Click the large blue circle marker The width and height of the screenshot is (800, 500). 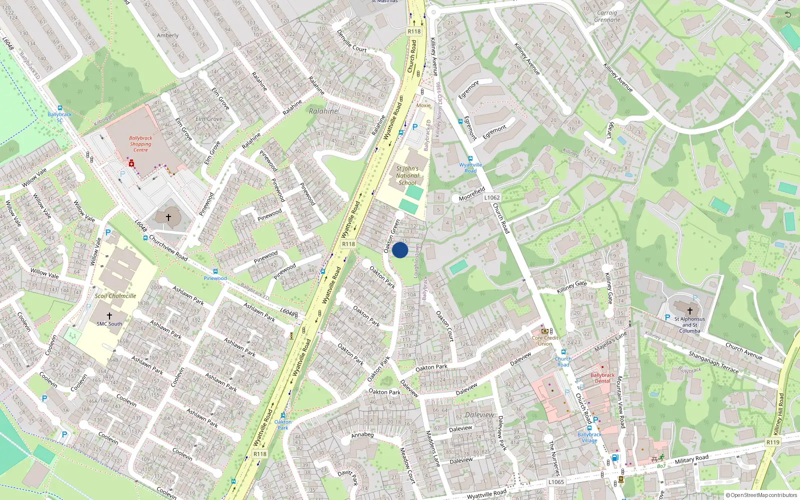click(400, 250)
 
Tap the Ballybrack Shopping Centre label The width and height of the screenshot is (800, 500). click(140, 144)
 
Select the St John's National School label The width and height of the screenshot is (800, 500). click(407, 175)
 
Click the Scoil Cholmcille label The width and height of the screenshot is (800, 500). click(115, 296)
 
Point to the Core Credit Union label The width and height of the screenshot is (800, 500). click(545, 340)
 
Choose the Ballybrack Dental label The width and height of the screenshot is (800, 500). click(602, 378)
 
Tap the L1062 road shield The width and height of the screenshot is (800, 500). click(492, 197)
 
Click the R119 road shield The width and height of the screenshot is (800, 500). click(773, 442)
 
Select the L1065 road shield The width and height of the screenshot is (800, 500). click(556, 482)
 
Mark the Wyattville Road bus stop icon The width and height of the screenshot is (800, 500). click(470, 158)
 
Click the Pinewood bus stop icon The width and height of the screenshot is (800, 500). click(215, 272)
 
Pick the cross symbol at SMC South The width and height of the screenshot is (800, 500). click(109, 316)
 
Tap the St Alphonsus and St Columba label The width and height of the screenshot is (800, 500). click(689, 324)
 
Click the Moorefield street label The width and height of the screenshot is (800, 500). click(472, 194)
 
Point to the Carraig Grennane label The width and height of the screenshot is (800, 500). click(607, 16)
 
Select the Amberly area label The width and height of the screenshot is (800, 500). click(167, 35)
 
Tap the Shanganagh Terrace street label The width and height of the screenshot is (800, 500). click(713, 362)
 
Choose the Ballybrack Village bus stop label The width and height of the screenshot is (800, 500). click(589, 437)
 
